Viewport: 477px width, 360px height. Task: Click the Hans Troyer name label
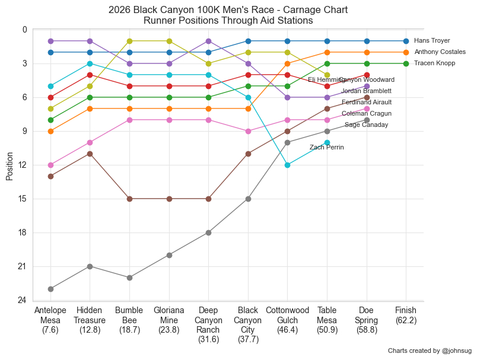click(432, 41)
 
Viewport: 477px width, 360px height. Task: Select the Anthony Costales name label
click(440, 52)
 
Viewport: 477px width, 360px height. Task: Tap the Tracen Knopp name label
click(435, 63)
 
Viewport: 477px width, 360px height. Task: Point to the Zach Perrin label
click(326, 148)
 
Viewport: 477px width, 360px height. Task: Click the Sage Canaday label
click(366, 125)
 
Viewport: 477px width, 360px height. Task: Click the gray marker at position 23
click(50, 289)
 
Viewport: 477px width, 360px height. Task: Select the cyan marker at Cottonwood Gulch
click(287, 165)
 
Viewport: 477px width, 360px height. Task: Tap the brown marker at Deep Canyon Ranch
click(208, 199)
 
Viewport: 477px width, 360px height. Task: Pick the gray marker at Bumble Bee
click(129, 278)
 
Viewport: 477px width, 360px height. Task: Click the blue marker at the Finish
click(406, 41)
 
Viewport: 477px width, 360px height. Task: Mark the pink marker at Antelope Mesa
click(50, 165)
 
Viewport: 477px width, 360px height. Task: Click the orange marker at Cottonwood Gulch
click(287, 63)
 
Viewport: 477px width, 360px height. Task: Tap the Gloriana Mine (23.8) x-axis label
click(169, 320)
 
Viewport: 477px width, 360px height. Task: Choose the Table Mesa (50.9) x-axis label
click(327, 320)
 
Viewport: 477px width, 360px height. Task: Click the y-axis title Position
click(9, 165)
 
